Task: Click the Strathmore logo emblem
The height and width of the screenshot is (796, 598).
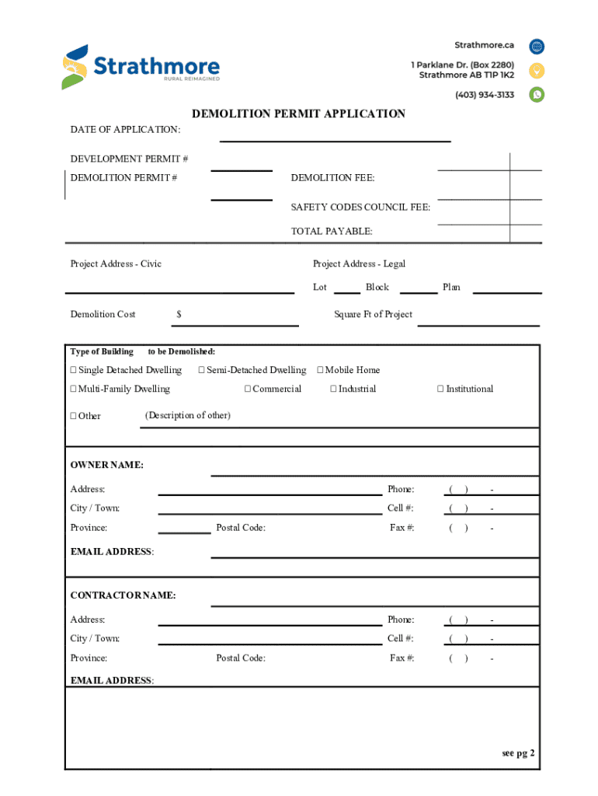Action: [x=75, y=67]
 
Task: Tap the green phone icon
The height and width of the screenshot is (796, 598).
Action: [x=537, y=95]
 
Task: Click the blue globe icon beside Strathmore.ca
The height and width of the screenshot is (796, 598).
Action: [x=537, y=46]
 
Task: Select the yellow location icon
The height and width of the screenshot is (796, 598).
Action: [x=537, y=71]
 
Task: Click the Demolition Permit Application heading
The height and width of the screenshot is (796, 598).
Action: [x=299, y=114]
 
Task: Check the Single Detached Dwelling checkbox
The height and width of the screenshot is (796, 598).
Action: [x=74, y=370]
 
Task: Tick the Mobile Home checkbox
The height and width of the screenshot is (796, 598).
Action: [x=320, y=370]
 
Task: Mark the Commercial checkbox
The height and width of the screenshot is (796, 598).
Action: [x=248, y=389]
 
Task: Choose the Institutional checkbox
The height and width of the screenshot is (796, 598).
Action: [x=440, y=389]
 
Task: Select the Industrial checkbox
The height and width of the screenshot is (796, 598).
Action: [x=333, y=389]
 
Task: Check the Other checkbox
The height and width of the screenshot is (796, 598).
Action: [x=74, y=416]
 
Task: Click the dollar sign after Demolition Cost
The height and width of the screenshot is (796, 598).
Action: [x=179, y=314]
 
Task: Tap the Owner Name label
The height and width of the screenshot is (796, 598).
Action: [x=106, y=465]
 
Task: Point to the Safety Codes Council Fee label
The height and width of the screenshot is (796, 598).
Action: [x=360, y=208]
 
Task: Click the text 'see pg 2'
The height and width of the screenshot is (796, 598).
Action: [x=518, y=753]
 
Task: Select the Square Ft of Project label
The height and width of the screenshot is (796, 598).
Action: [x=373, y=314]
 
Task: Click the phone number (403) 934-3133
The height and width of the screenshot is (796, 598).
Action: [x=485, y=95]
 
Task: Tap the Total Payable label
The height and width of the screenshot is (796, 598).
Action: [x=332, y=231]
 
